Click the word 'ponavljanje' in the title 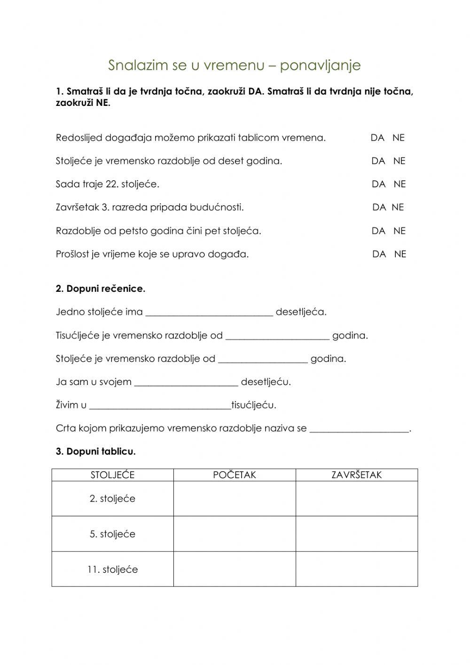pos(320,65)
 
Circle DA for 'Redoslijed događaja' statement pos(377,138)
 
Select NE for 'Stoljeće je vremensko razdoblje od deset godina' pos(399,161)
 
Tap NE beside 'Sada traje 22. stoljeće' pos(399,184)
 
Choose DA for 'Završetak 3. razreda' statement pos(379,207)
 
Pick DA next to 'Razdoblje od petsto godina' pos(378,231)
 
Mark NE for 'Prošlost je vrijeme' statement pos(400,254)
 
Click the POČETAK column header pos(235,475)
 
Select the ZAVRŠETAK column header pos(357,475)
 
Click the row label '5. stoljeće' pos(112,534)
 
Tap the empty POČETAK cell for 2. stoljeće pos(235,498)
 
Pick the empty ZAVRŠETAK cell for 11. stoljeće pos(357,569)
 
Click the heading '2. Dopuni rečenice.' pos(101,289)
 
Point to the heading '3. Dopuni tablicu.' pos(96,452)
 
